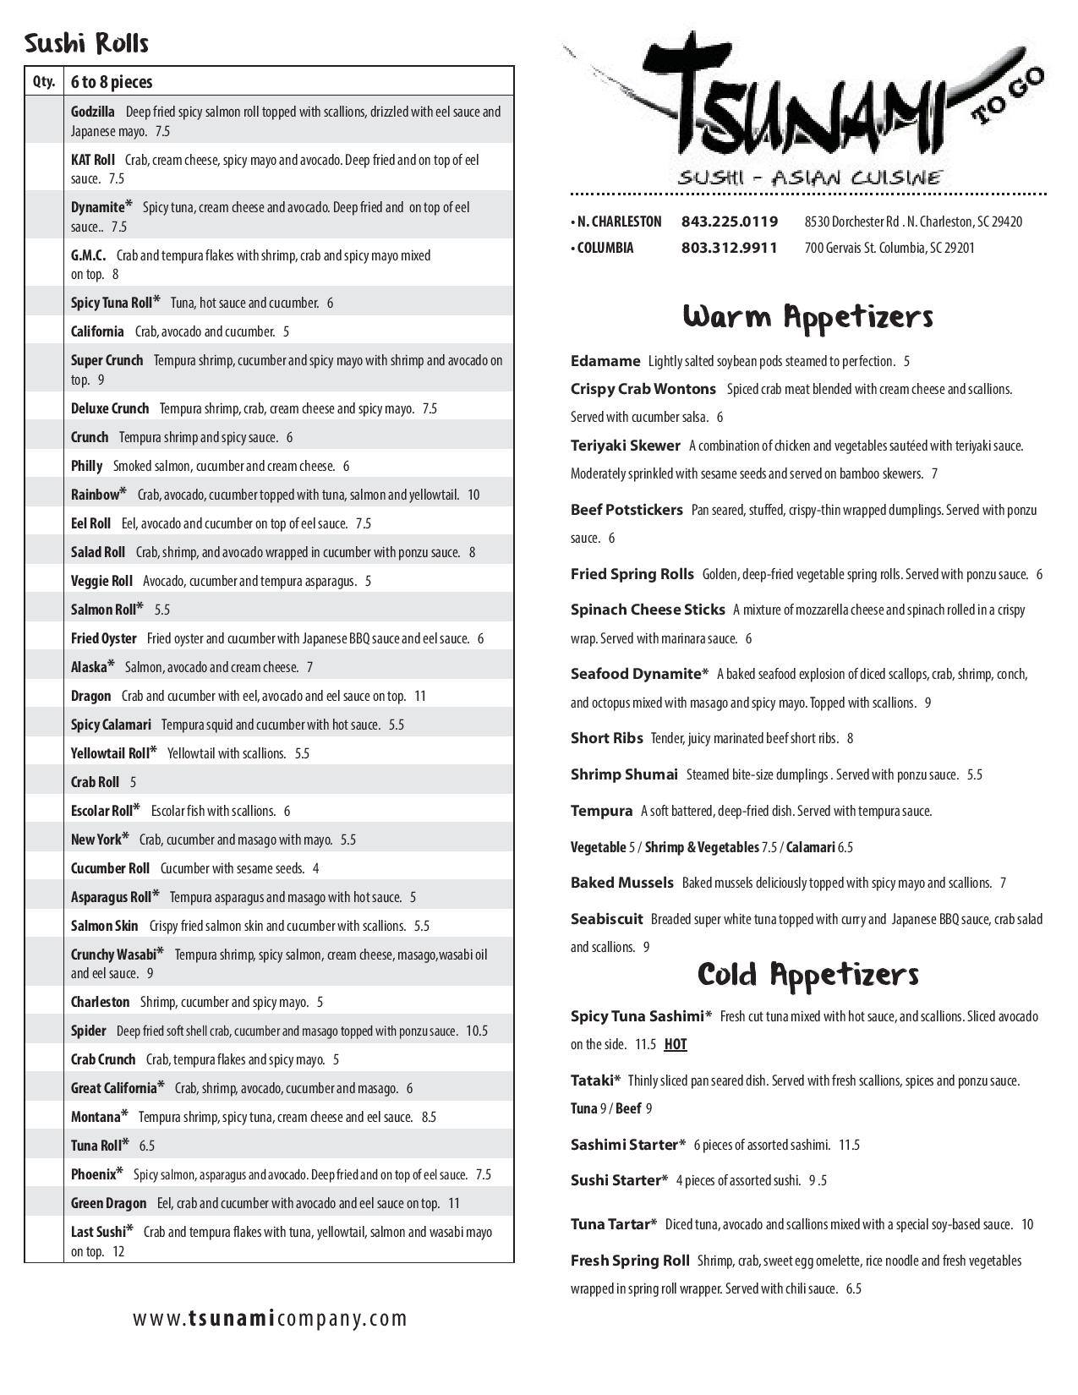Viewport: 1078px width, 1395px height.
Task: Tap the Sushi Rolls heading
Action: click(86, 43)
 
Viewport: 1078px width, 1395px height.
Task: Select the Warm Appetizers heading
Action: click(807, 316)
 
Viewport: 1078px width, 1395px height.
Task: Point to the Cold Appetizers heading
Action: click(807, 974)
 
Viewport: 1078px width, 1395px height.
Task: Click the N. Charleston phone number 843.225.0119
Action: click(729, 222)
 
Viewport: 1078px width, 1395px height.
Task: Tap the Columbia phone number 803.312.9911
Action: click(729, 248)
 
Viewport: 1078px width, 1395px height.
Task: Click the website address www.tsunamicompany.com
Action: click(270, 1318)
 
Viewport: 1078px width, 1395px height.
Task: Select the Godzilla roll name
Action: click(93, 112)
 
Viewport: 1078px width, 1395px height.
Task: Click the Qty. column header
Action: click(44, 82)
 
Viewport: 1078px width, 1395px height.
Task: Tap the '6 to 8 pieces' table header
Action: click(112, 82)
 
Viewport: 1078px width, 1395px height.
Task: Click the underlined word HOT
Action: click(675, 1044)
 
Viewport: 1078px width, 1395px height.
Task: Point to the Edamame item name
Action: click(605, 361)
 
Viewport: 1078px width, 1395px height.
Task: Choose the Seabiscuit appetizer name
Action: click(606, 919)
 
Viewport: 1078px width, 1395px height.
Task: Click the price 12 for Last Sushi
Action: click(118, 1251)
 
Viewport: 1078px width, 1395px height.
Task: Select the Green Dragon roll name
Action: click(108, 1203)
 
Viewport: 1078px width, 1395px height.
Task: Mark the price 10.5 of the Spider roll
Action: click(477, 1031)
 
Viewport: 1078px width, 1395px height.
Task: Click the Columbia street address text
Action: click(889, 248)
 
